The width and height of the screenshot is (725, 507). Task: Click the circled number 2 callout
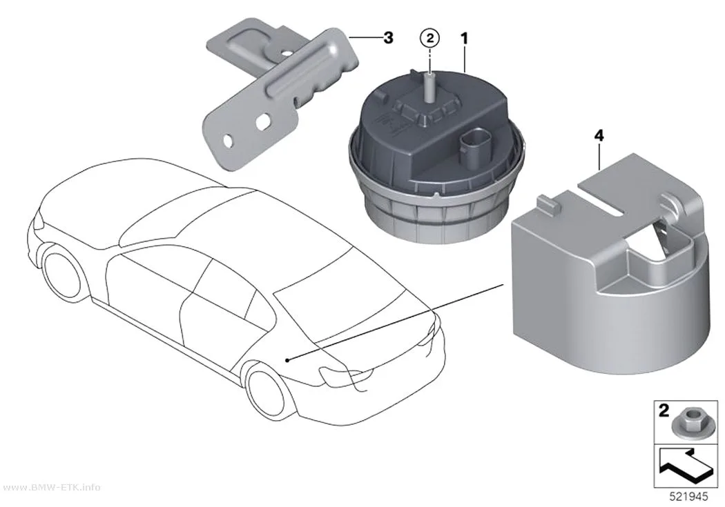430,39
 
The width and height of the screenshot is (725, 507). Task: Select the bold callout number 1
464,39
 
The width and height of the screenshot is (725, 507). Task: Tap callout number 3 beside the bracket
388,37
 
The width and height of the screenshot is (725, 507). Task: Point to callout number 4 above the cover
599,136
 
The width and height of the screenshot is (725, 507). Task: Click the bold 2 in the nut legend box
664,410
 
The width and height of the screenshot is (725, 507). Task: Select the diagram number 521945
689,497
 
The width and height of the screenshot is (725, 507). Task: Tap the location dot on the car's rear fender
287,359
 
